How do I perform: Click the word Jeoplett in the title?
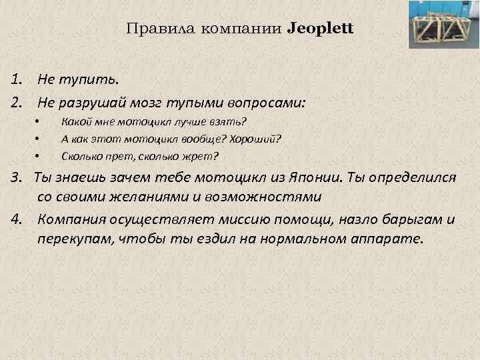[x=321, y=29]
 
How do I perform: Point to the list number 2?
[x=16, y=103]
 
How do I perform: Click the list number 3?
[x=16, y=180]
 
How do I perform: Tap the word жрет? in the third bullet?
[x=203, y=157]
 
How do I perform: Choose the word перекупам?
[x=75, y=239]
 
